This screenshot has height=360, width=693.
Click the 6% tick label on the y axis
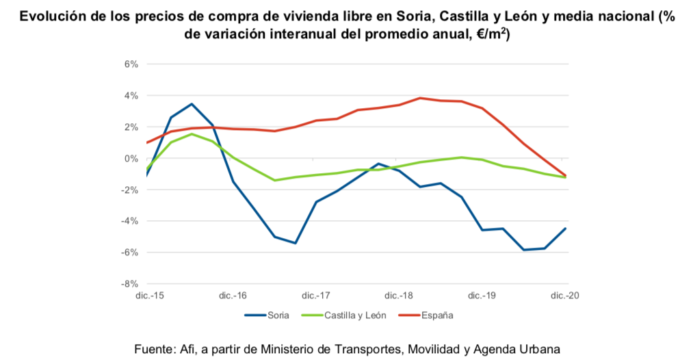coord(131,64)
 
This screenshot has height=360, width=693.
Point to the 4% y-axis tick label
coord(131,96)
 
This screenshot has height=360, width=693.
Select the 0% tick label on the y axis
coord(131,159)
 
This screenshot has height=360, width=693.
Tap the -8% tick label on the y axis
coord(129,283)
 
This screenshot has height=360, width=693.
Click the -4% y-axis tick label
coord(129,221)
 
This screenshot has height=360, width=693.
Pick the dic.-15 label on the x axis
coord(149,296)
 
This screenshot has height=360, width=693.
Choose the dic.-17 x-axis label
coord(316,296)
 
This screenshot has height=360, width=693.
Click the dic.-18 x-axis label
coord(399,296)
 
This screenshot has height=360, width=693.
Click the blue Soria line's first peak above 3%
coord(192,104)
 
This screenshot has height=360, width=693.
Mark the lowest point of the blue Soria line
coord(523,250)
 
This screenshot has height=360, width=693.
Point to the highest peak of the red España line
coord(420,98)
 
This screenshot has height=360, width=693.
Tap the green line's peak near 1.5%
coord(192,134)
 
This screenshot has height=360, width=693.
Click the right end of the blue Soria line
coord(566,229)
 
